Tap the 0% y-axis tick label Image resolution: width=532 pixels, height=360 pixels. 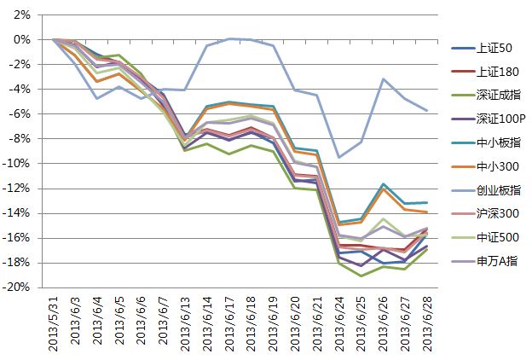pyautogui.click(x=22, y=40)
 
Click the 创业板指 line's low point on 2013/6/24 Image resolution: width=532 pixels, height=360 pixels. pyautogui.click(x=339, y=157)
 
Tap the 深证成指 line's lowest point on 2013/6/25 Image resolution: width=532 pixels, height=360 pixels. pyautogui.click(x=361, y=276)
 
